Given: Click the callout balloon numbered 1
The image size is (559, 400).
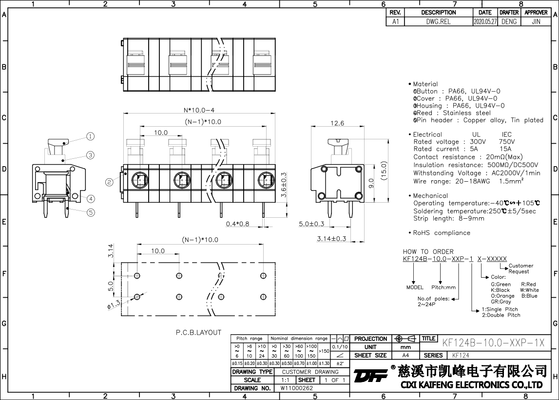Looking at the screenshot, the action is [x=91, y=136].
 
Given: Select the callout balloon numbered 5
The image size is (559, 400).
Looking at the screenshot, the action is [x=91, y=212].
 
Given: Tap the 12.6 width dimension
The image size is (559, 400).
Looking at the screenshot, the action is [x=337, y=123].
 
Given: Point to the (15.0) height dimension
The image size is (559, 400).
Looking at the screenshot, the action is [x=384, y=171].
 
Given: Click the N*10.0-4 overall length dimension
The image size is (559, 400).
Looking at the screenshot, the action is [x=199, y=110].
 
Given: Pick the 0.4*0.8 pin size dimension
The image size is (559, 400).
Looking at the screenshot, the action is [x=237, y=224].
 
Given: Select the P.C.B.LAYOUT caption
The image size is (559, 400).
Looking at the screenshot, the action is [x=198, y=332].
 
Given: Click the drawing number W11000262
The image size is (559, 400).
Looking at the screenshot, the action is [x=297, y=388].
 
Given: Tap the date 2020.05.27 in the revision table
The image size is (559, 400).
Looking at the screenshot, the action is [x=485, y=21].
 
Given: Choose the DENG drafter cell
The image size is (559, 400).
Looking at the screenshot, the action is [x=509, y=21].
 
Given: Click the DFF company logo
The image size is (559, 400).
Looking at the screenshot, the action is [x=371, y=376].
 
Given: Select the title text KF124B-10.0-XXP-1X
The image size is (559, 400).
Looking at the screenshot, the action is [x=493, y=343].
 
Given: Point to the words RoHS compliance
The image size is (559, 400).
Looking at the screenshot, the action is [x=442, y=233].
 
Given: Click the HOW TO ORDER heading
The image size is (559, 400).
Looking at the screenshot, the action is [x=428, y=251].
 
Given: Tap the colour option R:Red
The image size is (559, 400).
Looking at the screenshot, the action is [x=528, y=284].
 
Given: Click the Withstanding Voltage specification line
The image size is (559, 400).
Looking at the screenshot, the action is [x=477, y=173].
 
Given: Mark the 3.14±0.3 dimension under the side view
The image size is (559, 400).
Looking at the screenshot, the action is [x=331, y=239].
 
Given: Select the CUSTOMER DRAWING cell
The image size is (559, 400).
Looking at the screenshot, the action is [x=310, y=372].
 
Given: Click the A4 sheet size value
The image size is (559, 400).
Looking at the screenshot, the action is [x=405, y=356].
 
